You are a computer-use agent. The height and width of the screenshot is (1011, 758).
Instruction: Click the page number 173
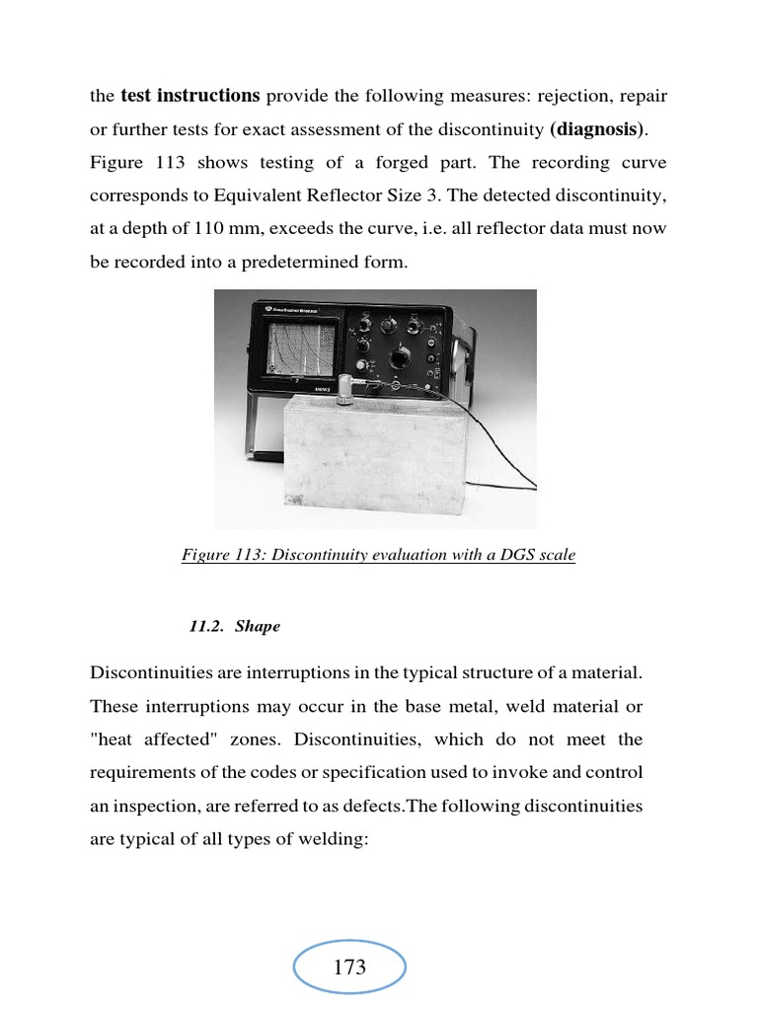(349, 968)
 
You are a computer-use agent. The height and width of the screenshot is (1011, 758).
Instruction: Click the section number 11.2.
(207, 627)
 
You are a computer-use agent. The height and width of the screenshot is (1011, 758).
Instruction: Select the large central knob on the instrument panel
(406, 356)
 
